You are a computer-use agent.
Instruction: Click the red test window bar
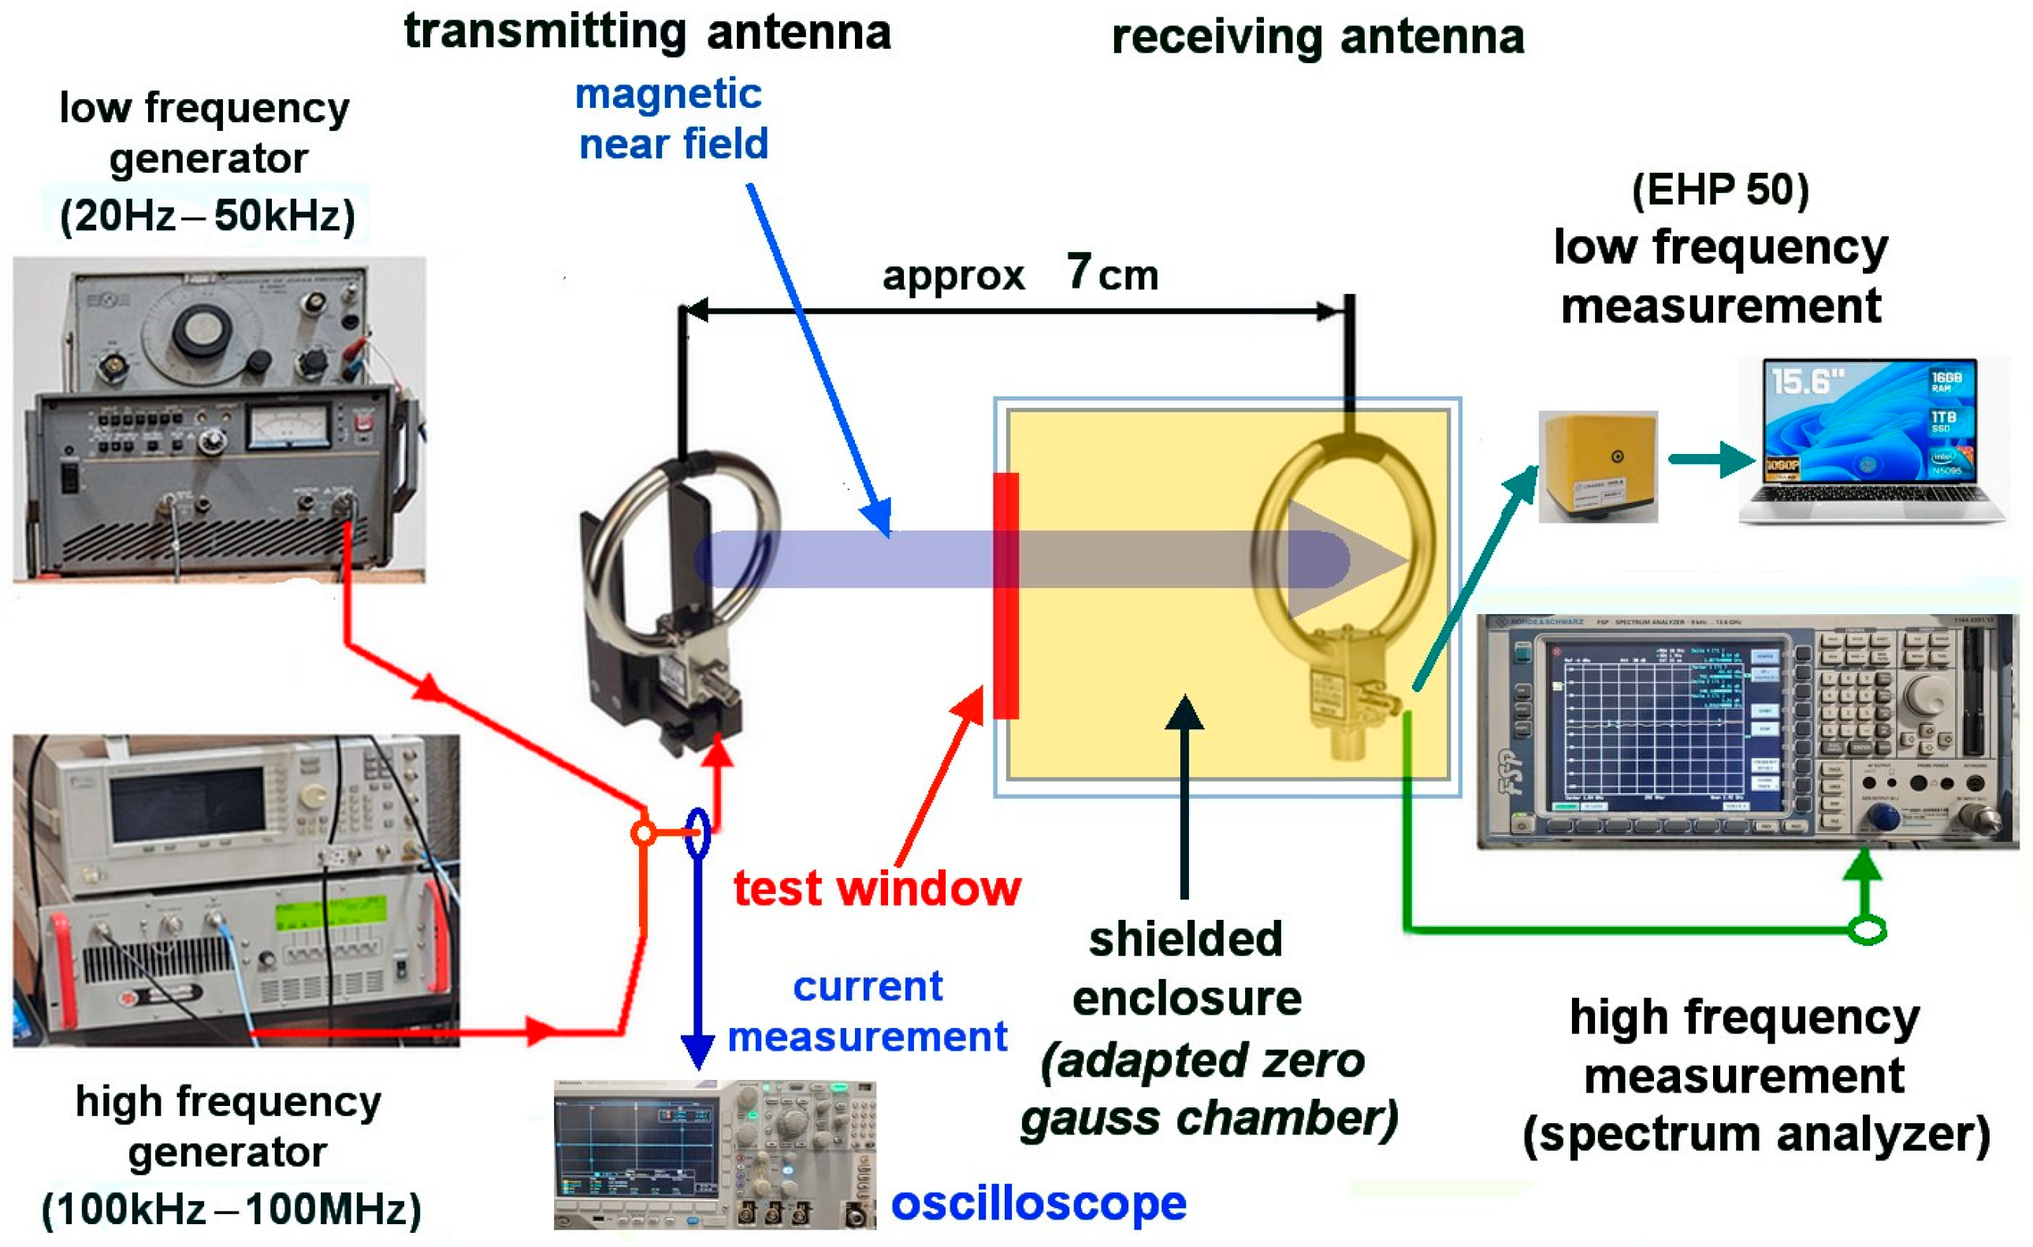click(x=1005, y=595)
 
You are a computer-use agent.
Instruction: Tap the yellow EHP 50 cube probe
click(x=1597, y=467)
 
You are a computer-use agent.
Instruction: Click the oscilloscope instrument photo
click(x=714, y=1154)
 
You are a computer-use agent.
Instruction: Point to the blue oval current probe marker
click(x=697, y=833)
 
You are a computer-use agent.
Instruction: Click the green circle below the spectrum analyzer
click(x=1868, y=930)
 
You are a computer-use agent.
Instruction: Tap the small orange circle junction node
click(x=644, y=832)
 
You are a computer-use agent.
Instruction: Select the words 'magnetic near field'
click(x=671, y=119)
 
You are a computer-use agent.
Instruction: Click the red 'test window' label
click(x=877, y=889)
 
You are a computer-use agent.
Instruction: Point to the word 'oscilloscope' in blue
click(x=1038, y=1204)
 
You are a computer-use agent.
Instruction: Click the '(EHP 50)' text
click(x=1720, y=190)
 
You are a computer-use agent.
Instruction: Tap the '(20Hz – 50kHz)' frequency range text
click(x=207, y=216)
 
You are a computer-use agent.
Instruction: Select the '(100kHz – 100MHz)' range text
click(x=231, y=1210)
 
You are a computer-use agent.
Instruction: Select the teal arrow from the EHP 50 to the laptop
click(x=1711, y=459)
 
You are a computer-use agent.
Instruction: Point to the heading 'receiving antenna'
click(x=1317, y=38)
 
